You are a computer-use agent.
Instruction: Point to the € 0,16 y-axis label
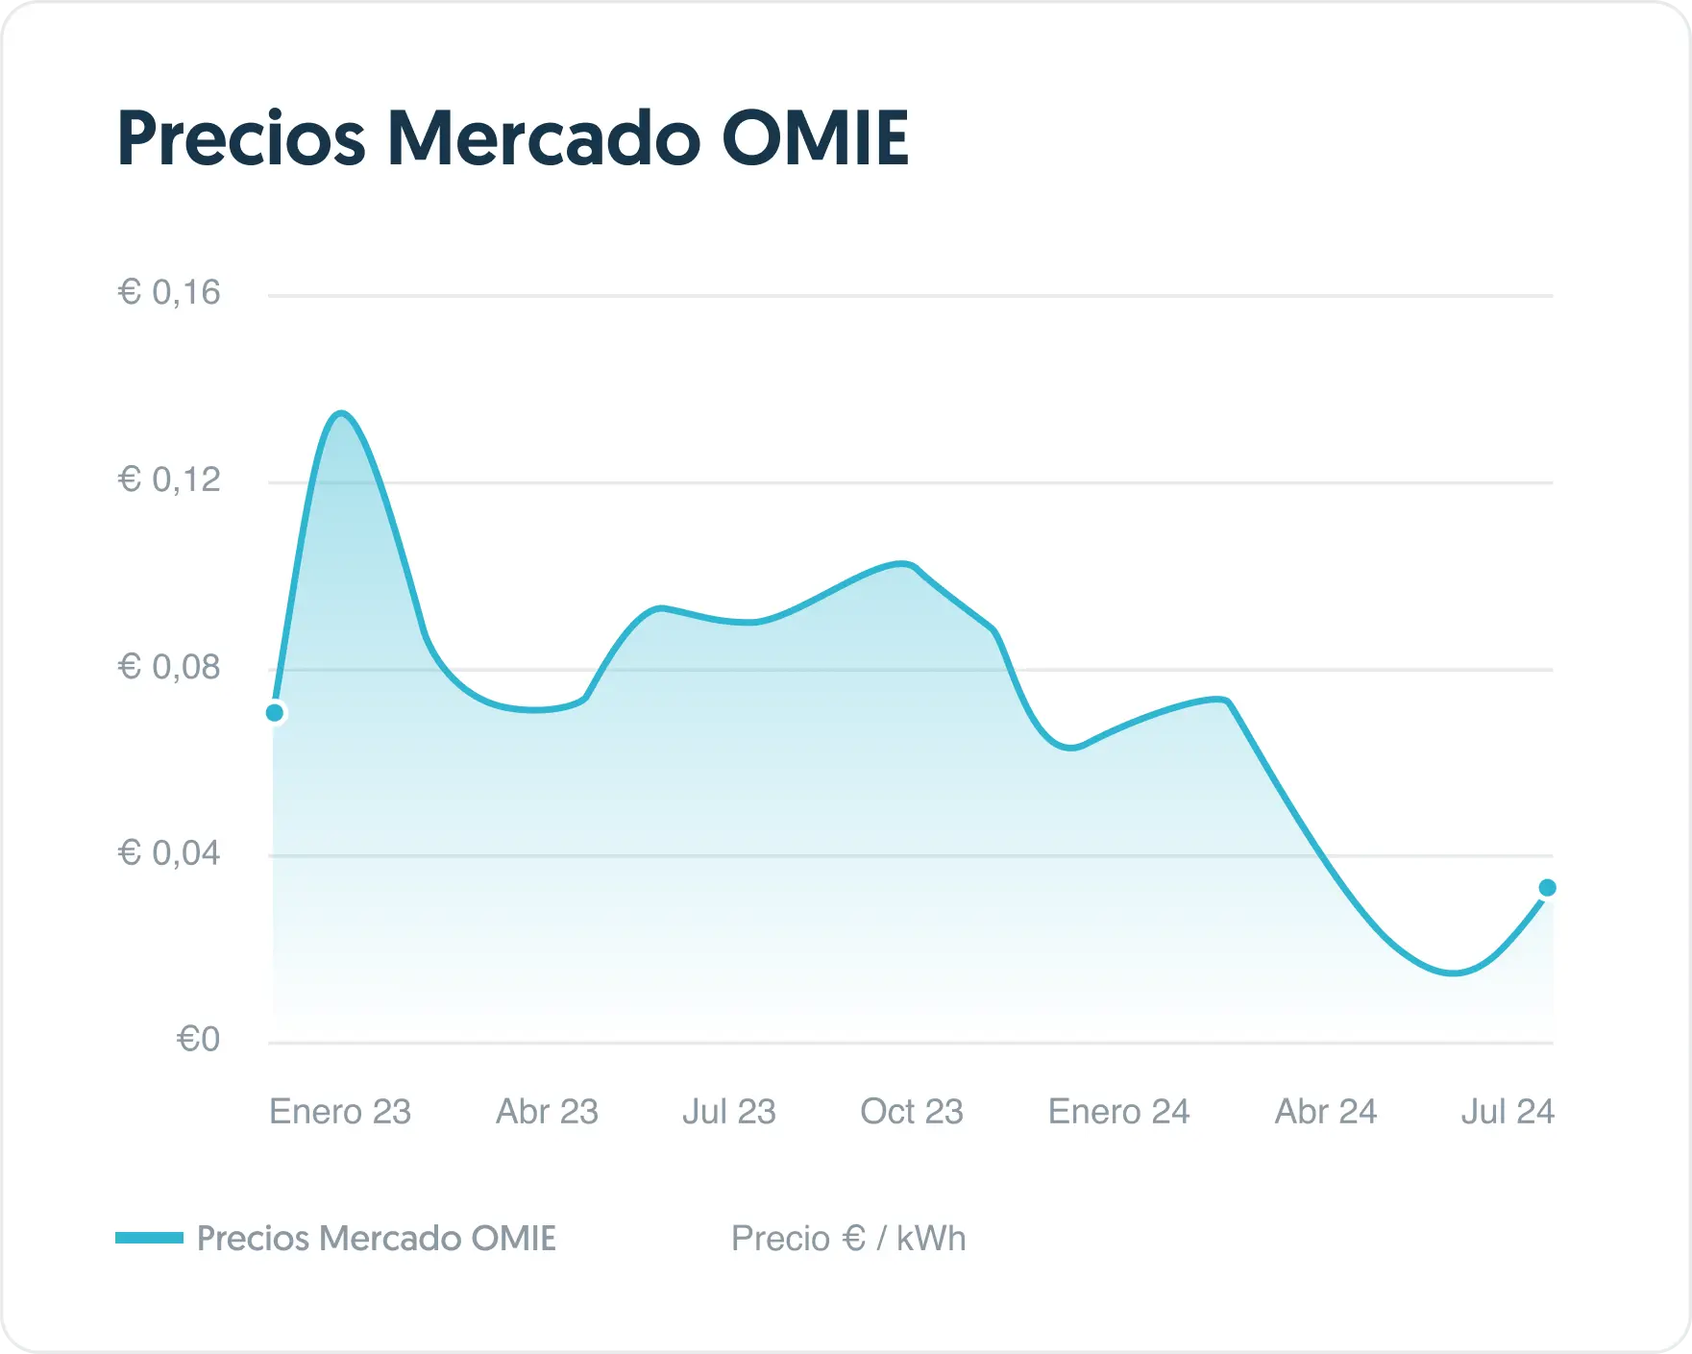(x=169, y=292)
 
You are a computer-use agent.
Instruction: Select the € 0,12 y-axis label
(x=169, y=480)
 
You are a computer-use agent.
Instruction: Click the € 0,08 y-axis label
(x=169, y=666)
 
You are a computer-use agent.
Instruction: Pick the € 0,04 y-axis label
(x=169, y=852)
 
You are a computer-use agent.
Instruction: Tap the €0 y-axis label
(x=199, y=1039)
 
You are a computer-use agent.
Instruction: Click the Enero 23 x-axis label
(x=340, y=1112)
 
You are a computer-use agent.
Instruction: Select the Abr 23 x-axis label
(x=547, y=1112)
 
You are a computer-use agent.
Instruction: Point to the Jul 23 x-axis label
(x=728, y=1112)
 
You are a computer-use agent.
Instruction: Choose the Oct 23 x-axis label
(x=911, y=1112)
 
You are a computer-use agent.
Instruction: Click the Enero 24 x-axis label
(x=1118, y=1112)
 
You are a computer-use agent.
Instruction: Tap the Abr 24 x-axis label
(x=1325, y=1112)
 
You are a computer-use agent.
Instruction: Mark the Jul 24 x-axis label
(x=1507, y=1112)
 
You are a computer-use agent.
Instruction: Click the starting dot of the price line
(x=275, y=713)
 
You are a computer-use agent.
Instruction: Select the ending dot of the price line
(x=1547, y=888)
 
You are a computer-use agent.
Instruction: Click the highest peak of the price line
(x=341, y=414)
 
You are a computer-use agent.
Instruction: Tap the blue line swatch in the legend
(x=149, y=1238)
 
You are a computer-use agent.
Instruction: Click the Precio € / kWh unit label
(x=848, y=1239)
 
